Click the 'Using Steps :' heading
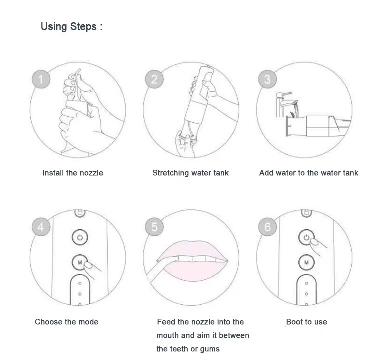tap(71, 26)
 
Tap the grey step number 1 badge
tap(41, 79)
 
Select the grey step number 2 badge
tap(154, 79)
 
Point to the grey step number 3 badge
tap(267, 79)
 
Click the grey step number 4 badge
tap(41, 227)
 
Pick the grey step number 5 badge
tap(154, 227)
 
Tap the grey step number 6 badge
tap(267, 227)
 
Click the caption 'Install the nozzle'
tap(73, 173)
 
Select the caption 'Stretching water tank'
tap(190, 173)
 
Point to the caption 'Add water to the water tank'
tap(309, 173)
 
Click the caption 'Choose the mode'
tap(66, 322)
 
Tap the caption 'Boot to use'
tap(307, 322)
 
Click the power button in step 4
tap(80, 237)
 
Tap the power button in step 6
tap(306, 237)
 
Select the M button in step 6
tap(306, 262)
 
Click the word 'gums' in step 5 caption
tap(210, 349)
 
